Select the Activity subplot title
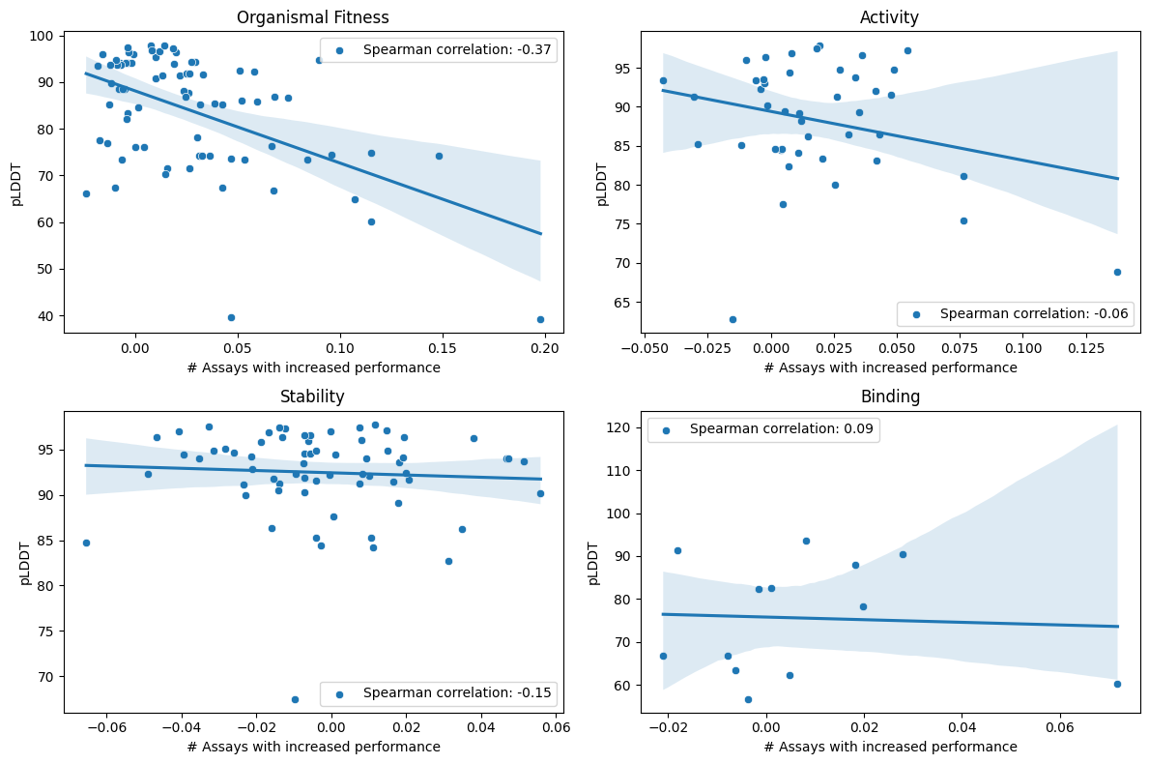pos(889,17)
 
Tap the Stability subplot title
pos(312,397)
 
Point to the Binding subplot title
pos(889,397)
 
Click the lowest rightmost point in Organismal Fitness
pos(540,319)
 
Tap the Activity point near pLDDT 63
pos(732,319)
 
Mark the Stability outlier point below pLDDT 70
pos(295,699)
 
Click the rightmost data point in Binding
pos(1117,684)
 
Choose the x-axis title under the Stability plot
pos(313,747)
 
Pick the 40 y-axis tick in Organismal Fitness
pos(48,316)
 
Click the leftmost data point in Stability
pos(86,543)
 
